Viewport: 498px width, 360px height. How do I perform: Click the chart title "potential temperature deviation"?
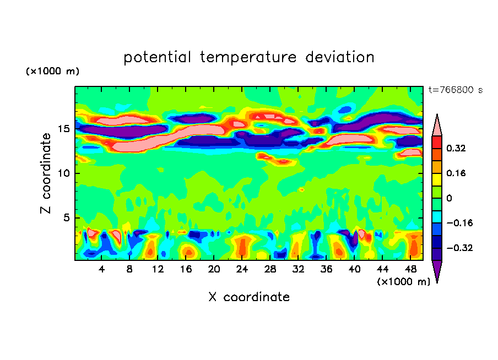click(249, 57)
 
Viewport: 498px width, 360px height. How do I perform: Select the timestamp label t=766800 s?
click(455, 90)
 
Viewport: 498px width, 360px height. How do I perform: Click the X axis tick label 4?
click(102, 269)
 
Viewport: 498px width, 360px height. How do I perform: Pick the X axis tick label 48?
click(410, 269)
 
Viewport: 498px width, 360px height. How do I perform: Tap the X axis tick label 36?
click(326, 269)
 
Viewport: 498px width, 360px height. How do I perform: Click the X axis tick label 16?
click(185, 269)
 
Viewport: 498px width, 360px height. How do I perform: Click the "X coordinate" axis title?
click(249, 297)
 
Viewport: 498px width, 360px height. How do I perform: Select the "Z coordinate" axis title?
click(47, 173)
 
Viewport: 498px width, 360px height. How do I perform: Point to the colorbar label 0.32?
click(457, 148)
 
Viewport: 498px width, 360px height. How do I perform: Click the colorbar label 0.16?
click(457, 173)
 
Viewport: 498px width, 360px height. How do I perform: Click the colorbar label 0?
click(449, 198)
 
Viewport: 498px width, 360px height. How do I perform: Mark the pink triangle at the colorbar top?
click(437, 126)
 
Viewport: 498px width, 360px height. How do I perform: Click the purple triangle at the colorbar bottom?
click(437, 271)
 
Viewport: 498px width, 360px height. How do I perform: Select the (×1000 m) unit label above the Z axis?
click(52, 72)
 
